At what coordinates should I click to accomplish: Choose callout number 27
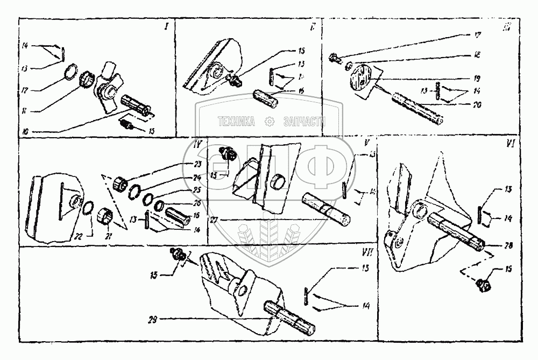(215, 220)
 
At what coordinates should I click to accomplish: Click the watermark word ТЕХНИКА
(236, 123)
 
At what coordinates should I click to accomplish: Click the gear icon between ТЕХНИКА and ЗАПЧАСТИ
(270, 123)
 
